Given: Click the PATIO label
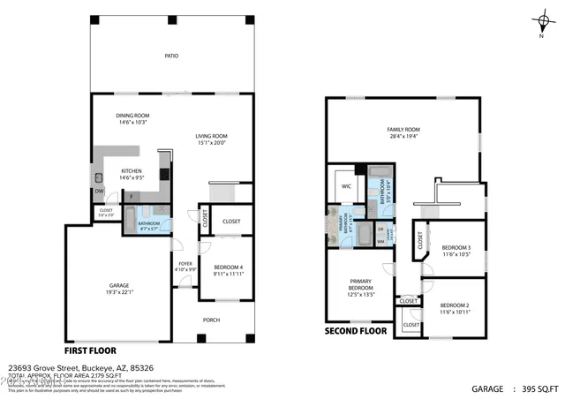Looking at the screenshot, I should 171,56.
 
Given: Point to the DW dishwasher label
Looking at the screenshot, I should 99,191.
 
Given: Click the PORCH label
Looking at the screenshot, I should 212,320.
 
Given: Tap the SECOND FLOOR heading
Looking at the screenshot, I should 356,331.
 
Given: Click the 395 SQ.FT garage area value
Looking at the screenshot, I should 539,388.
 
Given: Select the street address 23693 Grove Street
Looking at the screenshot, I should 52,366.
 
